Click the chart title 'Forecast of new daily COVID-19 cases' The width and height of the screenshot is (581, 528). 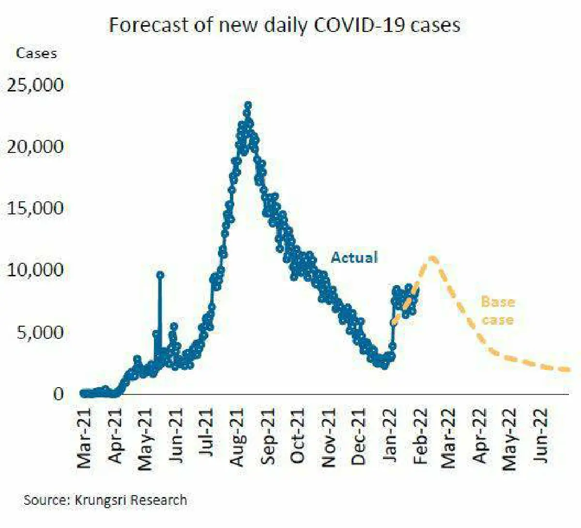click(x=284, y=25)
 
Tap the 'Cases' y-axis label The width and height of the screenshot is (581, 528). click(x=36, y=53)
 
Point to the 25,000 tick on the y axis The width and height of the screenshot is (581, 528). click(x=35, y=85)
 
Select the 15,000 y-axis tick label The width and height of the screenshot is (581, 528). click(x=35, y=209)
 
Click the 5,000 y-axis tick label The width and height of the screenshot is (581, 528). click(x=40, y=332)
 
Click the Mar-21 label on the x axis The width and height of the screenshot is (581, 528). click(x=85, y=438)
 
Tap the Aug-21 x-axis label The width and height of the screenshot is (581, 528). click(x=237, y=438)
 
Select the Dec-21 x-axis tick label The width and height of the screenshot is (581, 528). click(x=359, y=438)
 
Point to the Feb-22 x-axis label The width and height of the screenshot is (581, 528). click(x=420, y=438)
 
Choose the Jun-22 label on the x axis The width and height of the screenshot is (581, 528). click(x=542, y=436)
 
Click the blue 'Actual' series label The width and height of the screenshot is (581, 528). click(x=354, y=257)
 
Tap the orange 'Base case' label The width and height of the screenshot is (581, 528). click(x=498, y=311)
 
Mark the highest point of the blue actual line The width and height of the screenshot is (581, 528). click(x=248, y=105)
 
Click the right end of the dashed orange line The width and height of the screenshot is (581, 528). click(x=568, y=370)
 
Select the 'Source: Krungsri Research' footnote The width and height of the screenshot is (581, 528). click(x=105, y=500)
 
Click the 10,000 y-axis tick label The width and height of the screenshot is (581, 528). click(x=35, y=271)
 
